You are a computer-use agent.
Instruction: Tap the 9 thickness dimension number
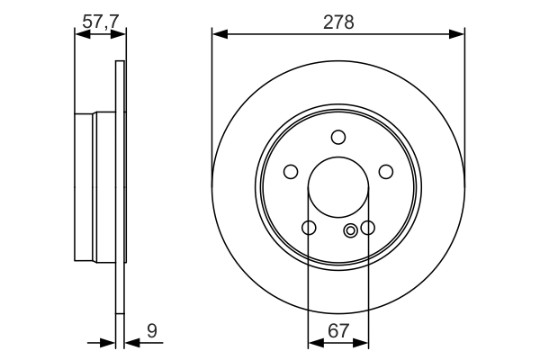pos(152,330)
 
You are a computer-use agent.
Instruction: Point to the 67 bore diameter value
pos(338,330)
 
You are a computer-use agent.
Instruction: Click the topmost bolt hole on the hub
pos(338,137)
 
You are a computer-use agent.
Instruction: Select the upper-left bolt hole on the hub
pos(291,172)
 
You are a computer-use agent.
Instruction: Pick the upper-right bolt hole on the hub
pos(386,172)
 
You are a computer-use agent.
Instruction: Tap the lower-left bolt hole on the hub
pos(309,228)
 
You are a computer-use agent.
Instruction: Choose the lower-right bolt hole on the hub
pos(367,228)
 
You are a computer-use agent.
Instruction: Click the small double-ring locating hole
pos(351,229)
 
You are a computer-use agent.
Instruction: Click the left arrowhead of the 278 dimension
pos(219,35)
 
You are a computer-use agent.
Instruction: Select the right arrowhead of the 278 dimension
pos(459,35)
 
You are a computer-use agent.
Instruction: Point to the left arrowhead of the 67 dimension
pos(314,343)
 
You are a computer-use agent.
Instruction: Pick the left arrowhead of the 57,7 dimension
pos(80,35)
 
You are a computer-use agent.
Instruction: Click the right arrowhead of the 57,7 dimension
pos(119,35)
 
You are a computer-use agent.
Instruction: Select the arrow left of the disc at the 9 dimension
pos(109,343)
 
